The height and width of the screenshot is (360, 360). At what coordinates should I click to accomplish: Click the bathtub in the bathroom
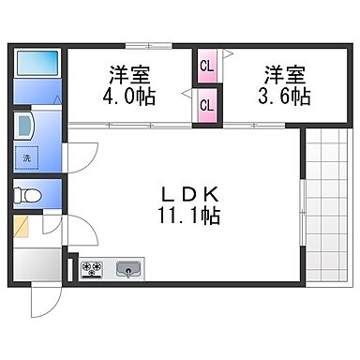pos(37,63)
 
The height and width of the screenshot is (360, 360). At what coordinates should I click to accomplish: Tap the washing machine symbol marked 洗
pos(26,158)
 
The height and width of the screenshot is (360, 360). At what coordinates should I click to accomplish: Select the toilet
pos(27,196)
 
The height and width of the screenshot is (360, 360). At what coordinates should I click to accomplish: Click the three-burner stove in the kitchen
pos(92,268)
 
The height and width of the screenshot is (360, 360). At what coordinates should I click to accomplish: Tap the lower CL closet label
pos(205,105)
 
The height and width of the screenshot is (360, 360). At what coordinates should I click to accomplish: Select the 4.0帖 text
pos(130,97)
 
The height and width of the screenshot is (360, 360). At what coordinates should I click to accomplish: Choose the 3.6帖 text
pos(285,97)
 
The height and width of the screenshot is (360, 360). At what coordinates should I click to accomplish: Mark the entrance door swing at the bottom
pos(42,298)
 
